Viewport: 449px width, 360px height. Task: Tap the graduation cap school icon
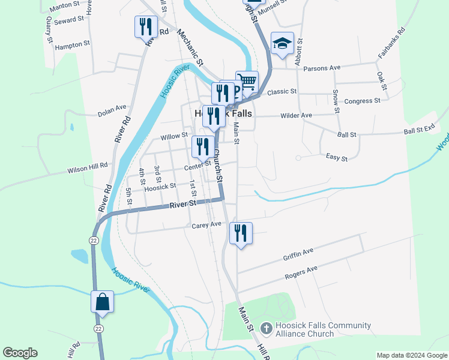coord(282,43)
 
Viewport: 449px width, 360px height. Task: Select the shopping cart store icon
coord(247,81)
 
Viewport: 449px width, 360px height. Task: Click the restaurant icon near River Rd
coord(145,27)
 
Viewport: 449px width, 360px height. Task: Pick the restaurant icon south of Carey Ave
coord(241,233)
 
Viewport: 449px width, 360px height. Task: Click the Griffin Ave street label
coord(298,254)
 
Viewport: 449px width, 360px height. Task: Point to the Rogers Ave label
coord(301,274)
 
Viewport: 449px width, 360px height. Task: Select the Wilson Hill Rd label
coord(87,166)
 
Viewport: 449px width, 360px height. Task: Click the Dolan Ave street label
coord(113,113)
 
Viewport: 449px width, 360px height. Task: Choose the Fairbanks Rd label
coord(391,42)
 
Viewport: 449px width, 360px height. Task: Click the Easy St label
coord(336,158)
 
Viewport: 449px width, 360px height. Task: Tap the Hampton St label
coord(72,45)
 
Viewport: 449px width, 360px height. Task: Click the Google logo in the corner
coord(20,353)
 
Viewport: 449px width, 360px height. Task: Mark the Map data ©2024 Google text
coord(411,355)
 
